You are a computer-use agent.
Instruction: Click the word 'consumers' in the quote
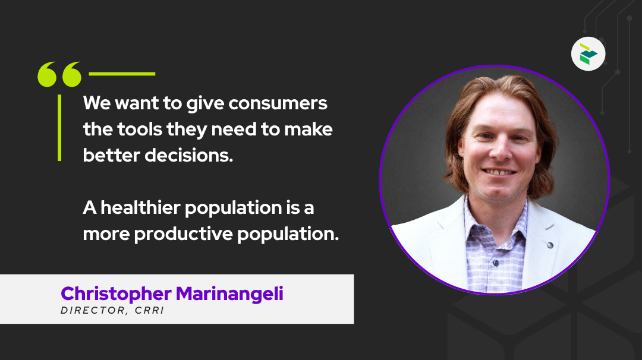[278, 103]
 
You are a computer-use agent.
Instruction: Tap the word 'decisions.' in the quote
[189, 156]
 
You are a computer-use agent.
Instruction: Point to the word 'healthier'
[140, 208]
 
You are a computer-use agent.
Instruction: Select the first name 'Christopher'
[116, 294]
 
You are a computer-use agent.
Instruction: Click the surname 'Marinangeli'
[229, 294]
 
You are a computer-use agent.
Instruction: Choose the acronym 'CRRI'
[149, 311]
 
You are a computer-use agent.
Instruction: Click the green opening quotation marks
[59, 74]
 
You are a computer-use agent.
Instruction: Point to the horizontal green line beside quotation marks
[122, 74]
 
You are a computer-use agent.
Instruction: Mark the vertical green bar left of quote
[59, 128]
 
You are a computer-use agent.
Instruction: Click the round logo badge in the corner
[588, 54]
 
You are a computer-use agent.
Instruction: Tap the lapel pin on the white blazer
[550, 245]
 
